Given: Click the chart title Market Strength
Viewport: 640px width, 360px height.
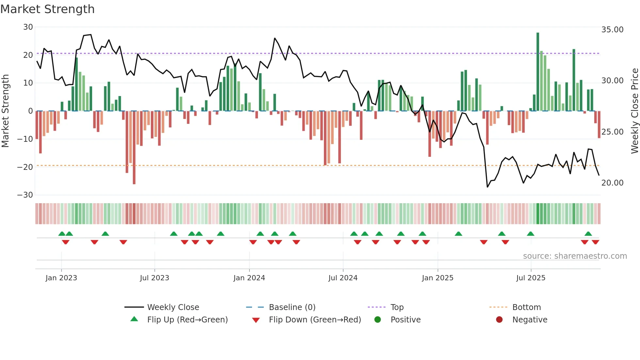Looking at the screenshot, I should [48, 9].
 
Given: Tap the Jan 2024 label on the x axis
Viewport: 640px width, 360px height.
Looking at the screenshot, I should [249, 278].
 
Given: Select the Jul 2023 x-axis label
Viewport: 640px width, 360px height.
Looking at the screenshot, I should [154, 278].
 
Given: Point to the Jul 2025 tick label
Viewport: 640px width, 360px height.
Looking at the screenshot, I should [531, 278].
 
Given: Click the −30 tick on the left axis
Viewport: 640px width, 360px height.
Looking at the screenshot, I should [25, 195].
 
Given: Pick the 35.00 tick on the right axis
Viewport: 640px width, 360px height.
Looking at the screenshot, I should [612, 30].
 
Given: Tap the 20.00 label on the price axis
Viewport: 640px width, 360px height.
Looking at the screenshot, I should [612, 183].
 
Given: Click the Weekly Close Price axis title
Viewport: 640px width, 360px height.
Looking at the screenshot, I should [634, 111].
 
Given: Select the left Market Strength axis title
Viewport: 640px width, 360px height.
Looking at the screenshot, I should [6, 111].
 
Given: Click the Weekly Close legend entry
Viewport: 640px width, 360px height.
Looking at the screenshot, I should [173, 307].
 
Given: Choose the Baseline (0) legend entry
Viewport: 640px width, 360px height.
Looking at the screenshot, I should [292, 307].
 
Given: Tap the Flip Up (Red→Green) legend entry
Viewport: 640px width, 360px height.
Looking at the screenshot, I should [187, 320].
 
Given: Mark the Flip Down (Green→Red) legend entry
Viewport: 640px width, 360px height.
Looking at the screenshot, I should [315, 320].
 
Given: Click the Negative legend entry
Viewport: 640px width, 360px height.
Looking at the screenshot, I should [529, 320].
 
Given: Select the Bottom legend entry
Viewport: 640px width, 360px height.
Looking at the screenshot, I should [526, 307].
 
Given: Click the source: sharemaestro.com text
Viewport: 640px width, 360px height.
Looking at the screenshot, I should [575, 256].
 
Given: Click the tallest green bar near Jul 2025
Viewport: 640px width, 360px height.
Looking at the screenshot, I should [538, 72].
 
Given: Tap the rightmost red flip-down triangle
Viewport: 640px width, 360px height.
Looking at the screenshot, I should [595, 242].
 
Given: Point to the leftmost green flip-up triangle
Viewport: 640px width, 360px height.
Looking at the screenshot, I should [62, 234].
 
